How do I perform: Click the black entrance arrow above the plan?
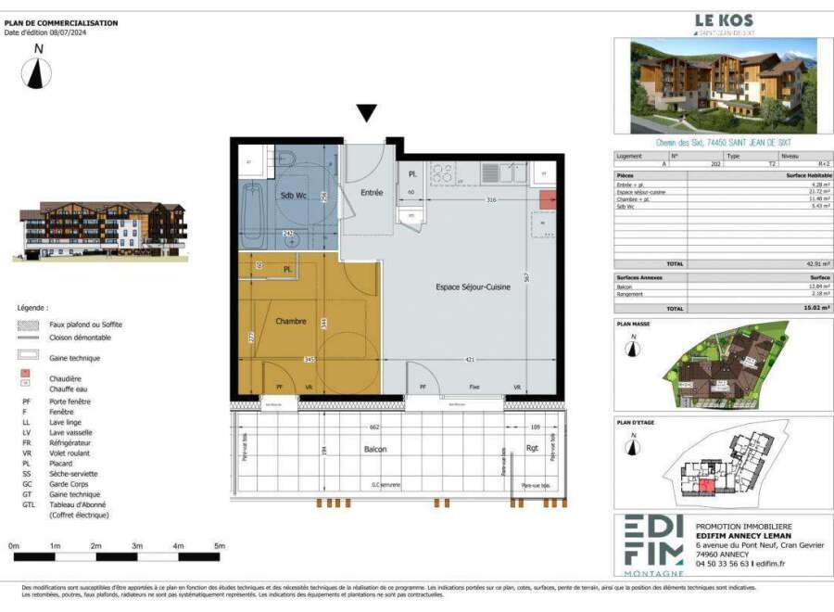click(x=367, y=113)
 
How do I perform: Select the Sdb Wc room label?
click(x=294, y=195)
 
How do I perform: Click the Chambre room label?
click(x=291, y=321)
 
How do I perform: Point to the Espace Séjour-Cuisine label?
click(x=474, y=287)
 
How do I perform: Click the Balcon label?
click(x=374, y=449)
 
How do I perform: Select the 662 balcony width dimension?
click(x=373, y=428)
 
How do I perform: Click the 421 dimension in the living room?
click(x=470, y=359)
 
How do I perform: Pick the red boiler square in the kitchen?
click(x=548, y=198)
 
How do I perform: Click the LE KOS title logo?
click(x=724, y=20)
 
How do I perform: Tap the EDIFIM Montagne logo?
click(x=653, y=544)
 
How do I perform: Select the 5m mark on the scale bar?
click(x=220, y=546)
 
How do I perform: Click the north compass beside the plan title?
click(x=37, y=72)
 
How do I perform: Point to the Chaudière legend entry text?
click(x=65, y=379)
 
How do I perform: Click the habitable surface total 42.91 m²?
click(x=815, y=264)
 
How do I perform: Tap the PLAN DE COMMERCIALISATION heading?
click(x=61, y=23)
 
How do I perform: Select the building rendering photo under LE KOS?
click(x=724, y=85)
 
